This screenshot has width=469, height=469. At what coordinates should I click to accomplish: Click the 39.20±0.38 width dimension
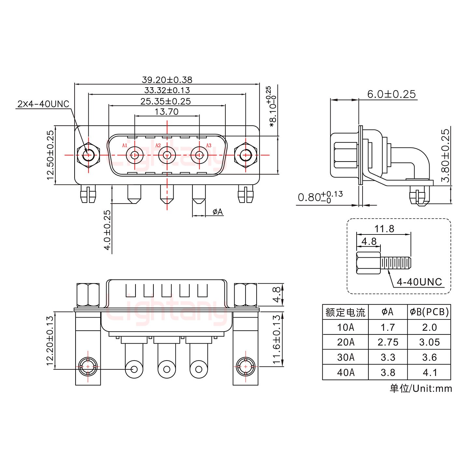coord(167,79)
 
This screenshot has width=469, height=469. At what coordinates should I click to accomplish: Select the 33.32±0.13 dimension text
coord(167,90)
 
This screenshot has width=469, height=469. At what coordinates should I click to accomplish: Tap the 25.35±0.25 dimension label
coord(165,101)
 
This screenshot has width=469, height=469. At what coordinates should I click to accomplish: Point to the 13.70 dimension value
coord(166,112)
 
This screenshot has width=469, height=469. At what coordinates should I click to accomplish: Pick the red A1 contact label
coord(124,146)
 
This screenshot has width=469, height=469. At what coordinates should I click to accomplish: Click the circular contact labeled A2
coord(167,155)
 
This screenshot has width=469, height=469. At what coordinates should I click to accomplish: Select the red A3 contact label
coord(209,146)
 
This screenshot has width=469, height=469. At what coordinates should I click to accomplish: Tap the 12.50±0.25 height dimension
coord(50,155)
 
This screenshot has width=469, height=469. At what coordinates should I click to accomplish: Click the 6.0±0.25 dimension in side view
coord(391,94)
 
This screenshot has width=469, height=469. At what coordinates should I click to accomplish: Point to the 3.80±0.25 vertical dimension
coord(445,155)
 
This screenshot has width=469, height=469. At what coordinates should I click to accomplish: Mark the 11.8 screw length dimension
coord(384,229)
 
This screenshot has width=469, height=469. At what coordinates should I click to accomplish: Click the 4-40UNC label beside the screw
coord(419,282)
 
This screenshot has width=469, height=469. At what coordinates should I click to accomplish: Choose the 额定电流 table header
coord(345,312)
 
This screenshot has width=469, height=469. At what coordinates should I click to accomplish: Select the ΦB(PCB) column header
coord(429,312)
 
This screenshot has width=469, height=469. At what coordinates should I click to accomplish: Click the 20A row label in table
coord(346,342)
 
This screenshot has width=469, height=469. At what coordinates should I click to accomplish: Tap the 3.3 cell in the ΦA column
coord(388,357)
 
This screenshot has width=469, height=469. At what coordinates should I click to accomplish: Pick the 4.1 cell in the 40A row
coord(429,372)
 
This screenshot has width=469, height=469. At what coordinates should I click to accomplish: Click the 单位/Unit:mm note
coord(420,388)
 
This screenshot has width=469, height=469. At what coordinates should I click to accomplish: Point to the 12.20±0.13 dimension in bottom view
coord(50,340)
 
